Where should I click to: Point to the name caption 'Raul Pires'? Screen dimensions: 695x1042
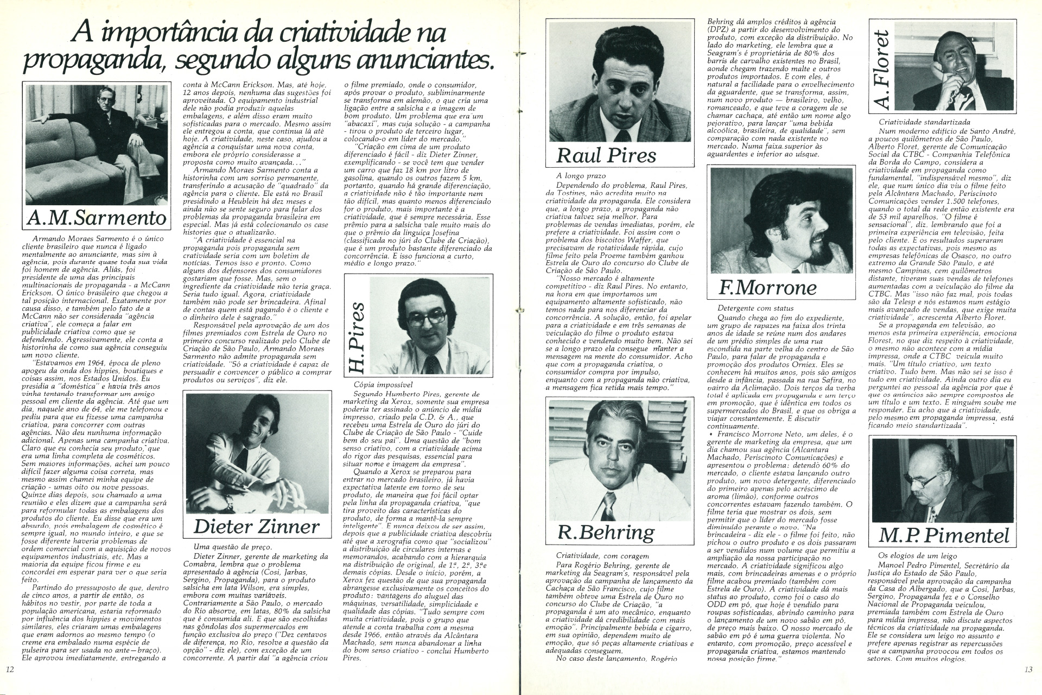click(x=606, y=155)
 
